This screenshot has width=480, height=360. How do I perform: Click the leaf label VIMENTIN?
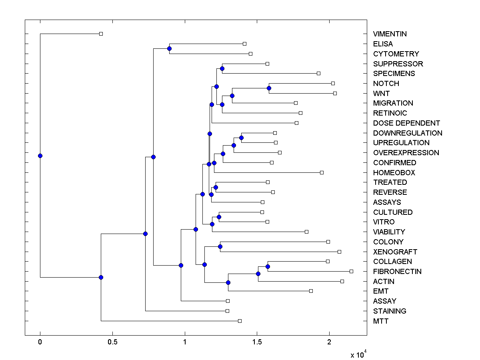tap(390, 34)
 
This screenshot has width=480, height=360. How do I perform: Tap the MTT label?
tap(380, 321)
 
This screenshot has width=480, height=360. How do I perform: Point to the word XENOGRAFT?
tap(395, 252)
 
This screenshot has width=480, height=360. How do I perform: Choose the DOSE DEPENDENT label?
tap(406, 123)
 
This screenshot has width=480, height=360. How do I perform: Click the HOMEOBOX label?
tap(394, 173)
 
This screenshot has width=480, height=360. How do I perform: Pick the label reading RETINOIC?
tap(390, 113)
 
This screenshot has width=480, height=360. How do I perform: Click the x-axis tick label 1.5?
tap(257, 342)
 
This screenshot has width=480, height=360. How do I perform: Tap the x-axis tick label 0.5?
tap(112, 342)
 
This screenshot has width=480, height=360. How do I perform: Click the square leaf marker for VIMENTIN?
tap(101, 34)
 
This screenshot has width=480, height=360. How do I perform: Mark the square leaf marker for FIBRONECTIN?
tap(351, 271)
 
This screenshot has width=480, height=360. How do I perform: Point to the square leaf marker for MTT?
tap(240, 321)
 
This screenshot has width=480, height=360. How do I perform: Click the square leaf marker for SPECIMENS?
tap(318, 73)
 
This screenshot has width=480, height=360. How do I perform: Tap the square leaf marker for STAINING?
tap(227, 311)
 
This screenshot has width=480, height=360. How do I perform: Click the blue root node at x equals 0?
tap(40, 156)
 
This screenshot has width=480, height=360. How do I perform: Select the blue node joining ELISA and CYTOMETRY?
tap(169, 48)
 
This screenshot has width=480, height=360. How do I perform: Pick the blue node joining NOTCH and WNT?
tap(269, 88)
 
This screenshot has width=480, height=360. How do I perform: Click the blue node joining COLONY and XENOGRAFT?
tap(220, 246)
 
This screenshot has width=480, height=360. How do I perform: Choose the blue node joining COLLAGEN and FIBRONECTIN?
tap(268, 266)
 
